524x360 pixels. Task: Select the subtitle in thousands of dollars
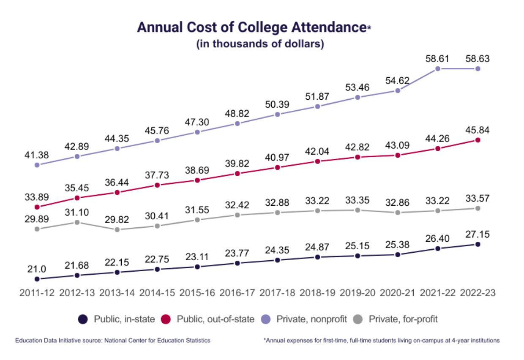tap(260, 44)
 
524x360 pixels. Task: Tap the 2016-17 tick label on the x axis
tap(237, 293)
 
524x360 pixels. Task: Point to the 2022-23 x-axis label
tap(478, 293)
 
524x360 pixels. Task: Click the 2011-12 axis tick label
tap(37, 293)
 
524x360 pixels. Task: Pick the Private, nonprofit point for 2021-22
tap(438, 68)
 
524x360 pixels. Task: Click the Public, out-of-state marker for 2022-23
tap(478, 140)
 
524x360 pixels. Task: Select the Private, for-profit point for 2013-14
tap(117, 229)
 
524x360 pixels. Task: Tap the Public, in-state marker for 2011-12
tap(37, 279)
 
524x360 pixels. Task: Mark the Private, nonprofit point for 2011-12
tap(37, 165)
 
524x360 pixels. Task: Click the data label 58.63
tap(478, 59)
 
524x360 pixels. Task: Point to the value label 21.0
tap(37, 269)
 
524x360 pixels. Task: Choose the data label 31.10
tap(77, 213)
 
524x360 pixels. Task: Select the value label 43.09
tap(398, 146)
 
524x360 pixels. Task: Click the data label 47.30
tap(197, 122)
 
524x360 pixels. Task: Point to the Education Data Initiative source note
tap(112, 340)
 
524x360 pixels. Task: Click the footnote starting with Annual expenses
tap(381, 340)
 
